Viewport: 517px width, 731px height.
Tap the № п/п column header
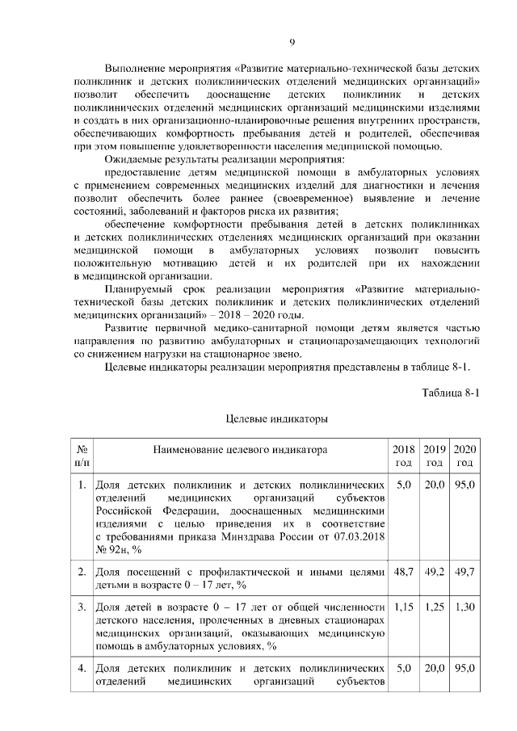pyautogui.click(x=82, y=456)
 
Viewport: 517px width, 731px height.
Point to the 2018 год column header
pyautogui.click(x=403, y=456)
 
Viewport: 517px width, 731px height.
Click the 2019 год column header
pyautogui.click(x=434, y=456)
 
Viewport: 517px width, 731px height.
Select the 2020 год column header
pyautogui.click(x=464, y=456)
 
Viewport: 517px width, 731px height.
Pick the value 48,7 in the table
pyautogui.click(x=403, y=572)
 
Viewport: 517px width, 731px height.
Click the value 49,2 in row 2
pyautogui.click(x=434, y=572)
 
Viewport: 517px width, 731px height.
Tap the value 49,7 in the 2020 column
pyautogui.click(x=464, y=572)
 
